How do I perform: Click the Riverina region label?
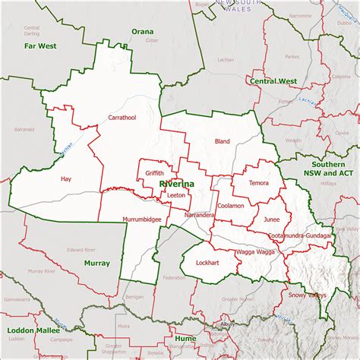(176, 184)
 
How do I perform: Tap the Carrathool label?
(122, 118)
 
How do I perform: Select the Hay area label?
(66, 179)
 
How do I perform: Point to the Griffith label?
(155, 173)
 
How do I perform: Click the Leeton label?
(176, 195)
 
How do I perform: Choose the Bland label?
(222, 141)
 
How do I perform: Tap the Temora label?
(258, 183)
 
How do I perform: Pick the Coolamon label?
(230, 206)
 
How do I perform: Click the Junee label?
(271, 219)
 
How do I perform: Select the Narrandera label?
(200, 216)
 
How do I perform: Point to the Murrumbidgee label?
(141, 219)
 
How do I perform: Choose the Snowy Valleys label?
(306, 294)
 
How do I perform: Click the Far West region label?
(39, 46)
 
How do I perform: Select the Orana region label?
(142, 31)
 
